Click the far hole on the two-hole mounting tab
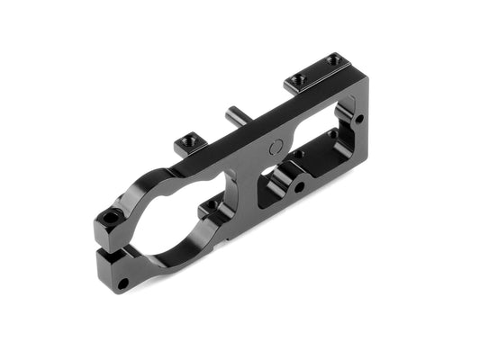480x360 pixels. (x=332, y=59)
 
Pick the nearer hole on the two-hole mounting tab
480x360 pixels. (x=300, y=79)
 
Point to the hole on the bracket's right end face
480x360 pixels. (x=358, y=118)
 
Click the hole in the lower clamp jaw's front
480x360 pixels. (x=122, y=283)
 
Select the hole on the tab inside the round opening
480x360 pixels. (x=213, y=206)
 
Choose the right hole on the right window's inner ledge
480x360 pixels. (x=332, y=135)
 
